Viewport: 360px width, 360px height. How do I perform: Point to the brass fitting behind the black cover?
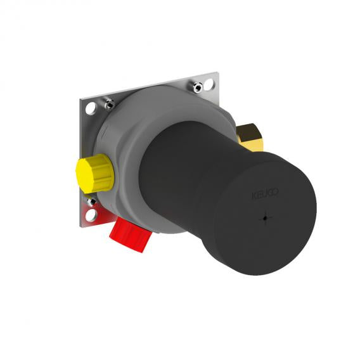250,138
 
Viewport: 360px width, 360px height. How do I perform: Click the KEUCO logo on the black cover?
266,193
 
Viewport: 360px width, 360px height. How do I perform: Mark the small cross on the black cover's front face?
266,218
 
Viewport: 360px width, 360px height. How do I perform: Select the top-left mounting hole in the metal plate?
91,108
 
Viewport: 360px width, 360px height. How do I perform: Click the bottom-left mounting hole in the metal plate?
91,215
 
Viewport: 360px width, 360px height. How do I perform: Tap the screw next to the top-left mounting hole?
110,103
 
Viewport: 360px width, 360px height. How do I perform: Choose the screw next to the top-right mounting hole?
198,87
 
